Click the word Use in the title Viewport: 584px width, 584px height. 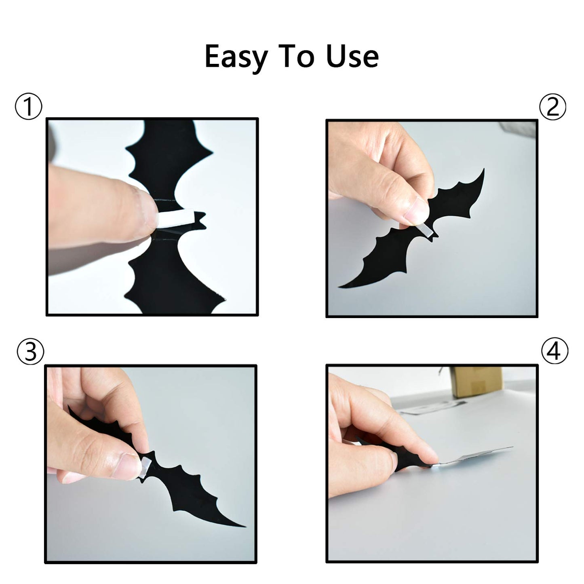point(352,56)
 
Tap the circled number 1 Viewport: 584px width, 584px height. point(28,106)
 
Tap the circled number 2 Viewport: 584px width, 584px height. point(552,107)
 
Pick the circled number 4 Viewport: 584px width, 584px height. point(554,351)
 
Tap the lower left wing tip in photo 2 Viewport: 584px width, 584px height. point(339,287)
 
